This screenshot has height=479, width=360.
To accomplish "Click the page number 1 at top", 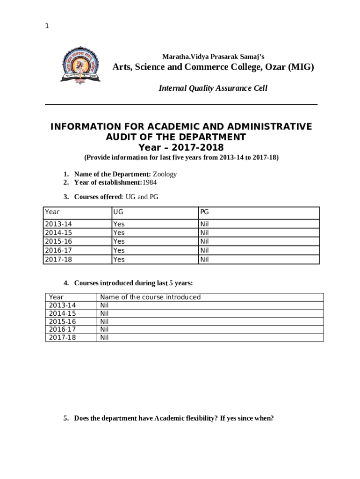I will (47, 26).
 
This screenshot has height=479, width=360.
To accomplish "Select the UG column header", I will (118, 212).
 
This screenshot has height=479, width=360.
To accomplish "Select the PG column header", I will (204, 212).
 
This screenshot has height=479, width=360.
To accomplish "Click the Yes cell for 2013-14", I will (119, 224).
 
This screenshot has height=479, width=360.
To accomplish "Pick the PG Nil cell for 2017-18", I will (204, 259).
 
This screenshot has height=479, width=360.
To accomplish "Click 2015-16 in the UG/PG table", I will (58, 241).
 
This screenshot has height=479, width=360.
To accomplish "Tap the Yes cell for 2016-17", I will (119, 250).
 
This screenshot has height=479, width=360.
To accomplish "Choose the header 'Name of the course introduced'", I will (150, 297).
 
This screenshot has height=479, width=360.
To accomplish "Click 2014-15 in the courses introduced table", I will (62, 313).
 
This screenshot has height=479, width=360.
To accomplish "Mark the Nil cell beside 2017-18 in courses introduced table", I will (104, 337).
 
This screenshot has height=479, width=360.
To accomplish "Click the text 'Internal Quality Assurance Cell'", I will (213, 88).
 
